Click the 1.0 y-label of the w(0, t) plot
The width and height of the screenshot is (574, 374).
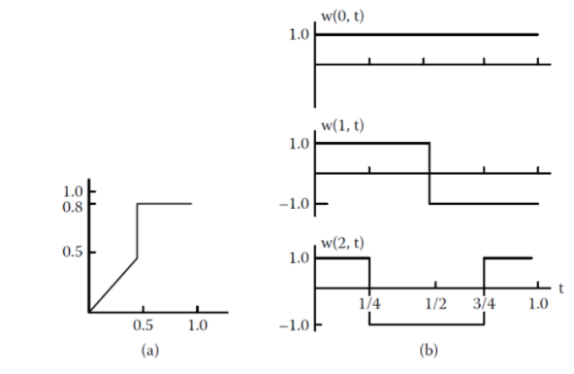click(x=300, y=35)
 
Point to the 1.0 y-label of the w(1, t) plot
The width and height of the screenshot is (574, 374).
click(x=300, y=144)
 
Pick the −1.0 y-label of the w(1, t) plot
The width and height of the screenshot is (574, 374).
click(x=296, y=204)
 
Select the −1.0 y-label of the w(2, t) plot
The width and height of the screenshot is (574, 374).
click(x=296, y=324)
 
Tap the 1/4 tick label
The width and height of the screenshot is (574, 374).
click(x=368, y=304)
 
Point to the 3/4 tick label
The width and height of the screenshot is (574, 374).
click(x=483, y=304)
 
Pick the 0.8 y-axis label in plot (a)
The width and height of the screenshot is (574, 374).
click(x=72, y=205)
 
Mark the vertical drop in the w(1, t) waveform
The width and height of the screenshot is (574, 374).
click(x=430, y=174)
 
